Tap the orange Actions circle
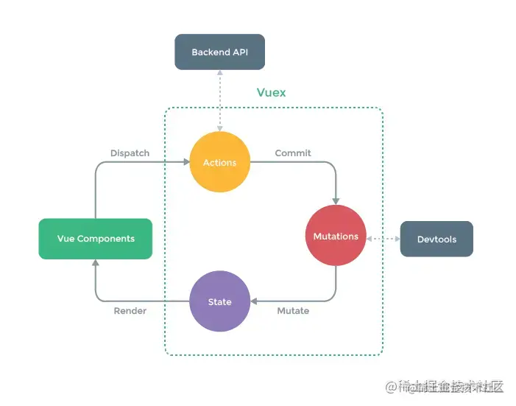coord(220,162)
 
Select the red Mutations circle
coord(336,236)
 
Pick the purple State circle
coord(219,301)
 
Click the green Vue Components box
coord(96,239)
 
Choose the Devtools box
coord(437,239)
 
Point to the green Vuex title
coord(271,93)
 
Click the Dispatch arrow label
coord(130,153)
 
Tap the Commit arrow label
coord(293,153)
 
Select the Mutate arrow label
coord(293,311)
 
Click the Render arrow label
coord(130,311)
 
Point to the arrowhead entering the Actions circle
coord(185,162)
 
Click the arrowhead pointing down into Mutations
coord(336,200)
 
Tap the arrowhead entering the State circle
coord(255,301)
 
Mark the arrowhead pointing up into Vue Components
coord(96,265)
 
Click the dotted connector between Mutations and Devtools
coord(383,239)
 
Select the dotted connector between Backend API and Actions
coord(219,100)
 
